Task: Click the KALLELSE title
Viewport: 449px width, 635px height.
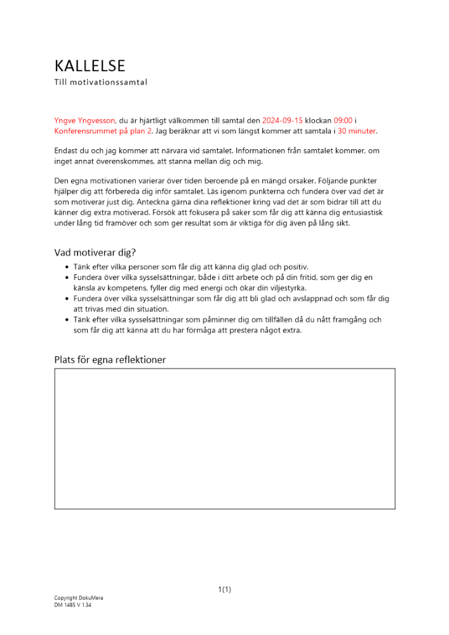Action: click(90, 66)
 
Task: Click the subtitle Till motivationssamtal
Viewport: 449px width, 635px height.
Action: click(100, 82)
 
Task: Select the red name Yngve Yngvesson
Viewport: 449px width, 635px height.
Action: click(84, 119)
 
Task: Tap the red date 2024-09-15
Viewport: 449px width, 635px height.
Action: click(282, 119)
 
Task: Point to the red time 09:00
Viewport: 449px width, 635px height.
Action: click(343, 119)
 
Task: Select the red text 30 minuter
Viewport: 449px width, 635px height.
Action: click(357, 131)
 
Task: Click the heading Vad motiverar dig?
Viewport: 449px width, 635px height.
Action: click(95, 252)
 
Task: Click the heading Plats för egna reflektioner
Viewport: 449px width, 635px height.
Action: click(110, 360)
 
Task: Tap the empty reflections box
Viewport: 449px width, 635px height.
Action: click(224, 439)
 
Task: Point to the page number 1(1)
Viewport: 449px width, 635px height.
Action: click(224, 589)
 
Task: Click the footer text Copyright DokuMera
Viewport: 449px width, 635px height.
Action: click(79, 598)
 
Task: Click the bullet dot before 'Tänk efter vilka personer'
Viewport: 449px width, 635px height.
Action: click(68, 267)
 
